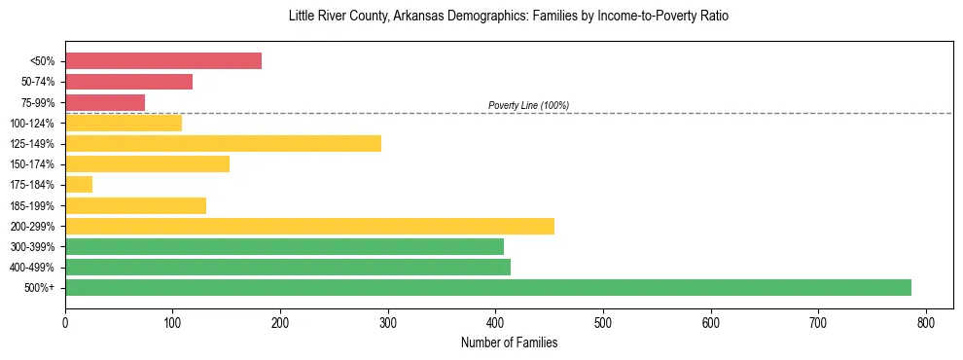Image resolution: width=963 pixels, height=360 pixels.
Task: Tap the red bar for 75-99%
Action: tap(105, 102)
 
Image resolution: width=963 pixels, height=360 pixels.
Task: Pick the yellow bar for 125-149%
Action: tap(223, 144)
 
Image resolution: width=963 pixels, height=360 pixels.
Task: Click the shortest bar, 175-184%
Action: tap(79, 185)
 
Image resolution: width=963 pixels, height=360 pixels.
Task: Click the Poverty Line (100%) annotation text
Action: tap(528, 105)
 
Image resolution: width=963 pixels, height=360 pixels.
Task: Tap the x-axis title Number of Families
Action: tap(509, 342)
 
